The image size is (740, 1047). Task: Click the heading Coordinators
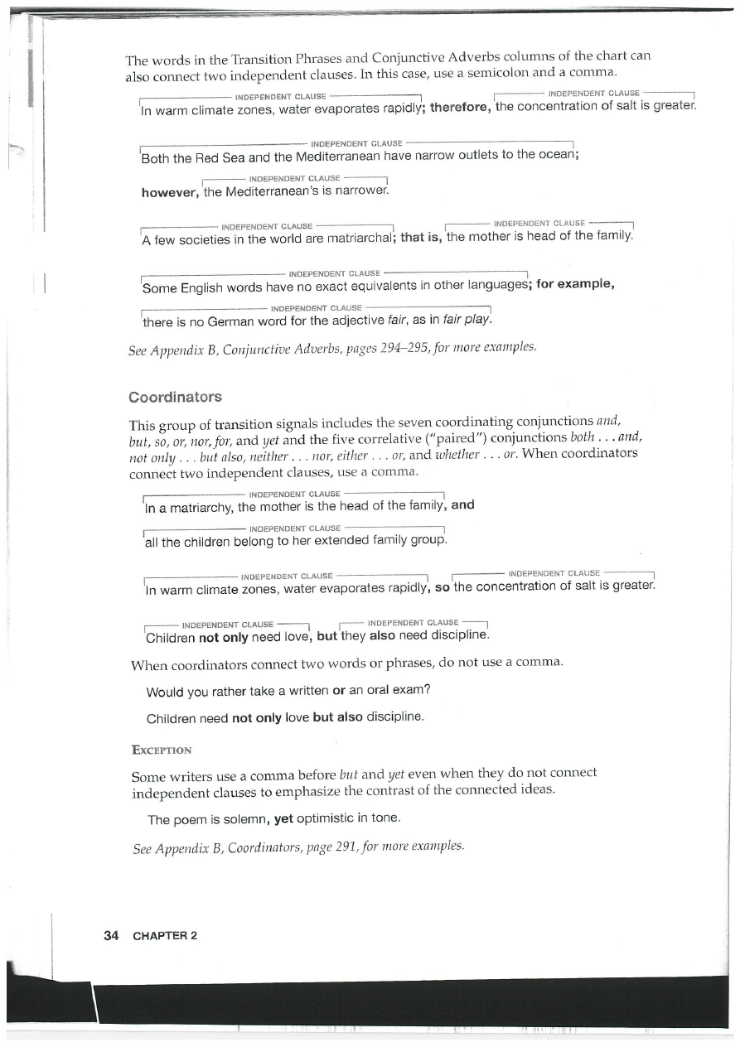coord(175,396)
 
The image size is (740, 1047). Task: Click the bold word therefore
coord(459,108)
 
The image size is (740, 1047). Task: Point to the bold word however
coord(170,193)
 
